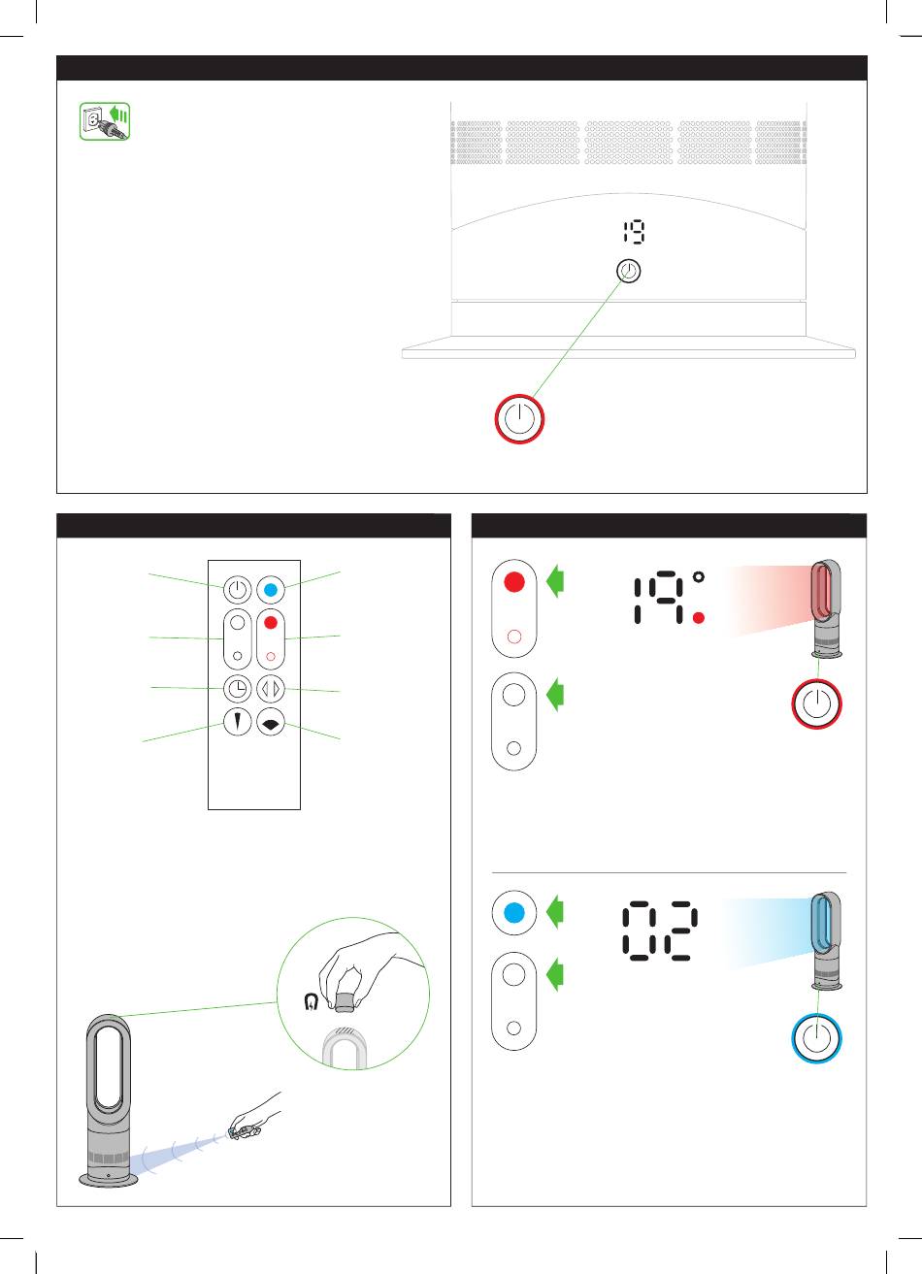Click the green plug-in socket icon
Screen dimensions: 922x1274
pos(105,121)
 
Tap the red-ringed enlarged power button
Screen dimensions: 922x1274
pos(519,418)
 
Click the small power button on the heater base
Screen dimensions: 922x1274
pos(629,271)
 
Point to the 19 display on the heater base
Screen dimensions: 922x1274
pos(633,232)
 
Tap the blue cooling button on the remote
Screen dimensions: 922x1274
pos(271,590)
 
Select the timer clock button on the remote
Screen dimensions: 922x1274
pos(237,689)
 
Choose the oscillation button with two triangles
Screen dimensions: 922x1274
pos(271,689)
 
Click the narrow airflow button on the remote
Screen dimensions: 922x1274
pos(237,722)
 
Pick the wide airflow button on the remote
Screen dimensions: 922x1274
pos(271,722)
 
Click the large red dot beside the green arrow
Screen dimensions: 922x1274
pos(514,582)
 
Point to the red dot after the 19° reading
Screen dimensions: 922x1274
pos(699,618)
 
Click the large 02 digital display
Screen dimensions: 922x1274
pos(660,931)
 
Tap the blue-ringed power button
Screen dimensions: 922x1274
pos(817,1038)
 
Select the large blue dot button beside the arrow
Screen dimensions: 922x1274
pos(514,913)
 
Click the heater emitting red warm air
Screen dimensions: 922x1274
pos(826,608)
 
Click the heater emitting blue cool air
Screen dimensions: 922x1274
pos(826,941)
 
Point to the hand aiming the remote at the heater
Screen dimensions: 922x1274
pos(256,1117)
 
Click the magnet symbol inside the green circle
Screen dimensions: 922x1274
pos(311,1001)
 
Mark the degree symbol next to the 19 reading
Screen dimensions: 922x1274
pos(699,576)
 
